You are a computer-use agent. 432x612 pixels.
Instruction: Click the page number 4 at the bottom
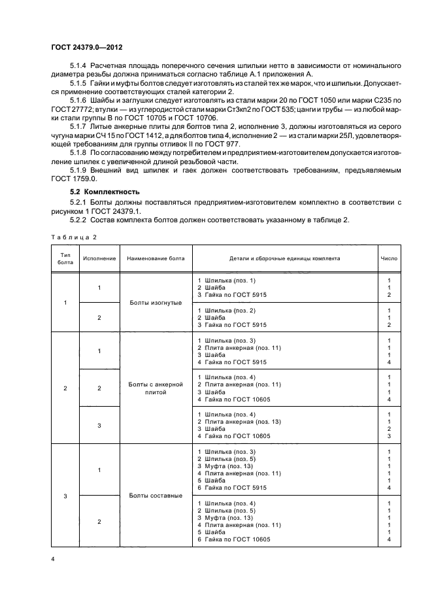(x=52, y=559)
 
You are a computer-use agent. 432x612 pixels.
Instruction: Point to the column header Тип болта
(x=65, y=258)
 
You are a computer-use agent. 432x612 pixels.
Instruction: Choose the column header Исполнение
(x=99, y=258)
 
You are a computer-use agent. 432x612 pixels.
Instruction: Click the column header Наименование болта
(x=156, y=258)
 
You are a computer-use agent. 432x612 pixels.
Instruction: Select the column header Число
(x=388, y=258)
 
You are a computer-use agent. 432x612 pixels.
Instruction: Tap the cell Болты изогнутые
(x=156, y=303)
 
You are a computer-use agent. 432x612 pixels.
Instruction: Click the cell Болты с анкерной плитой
(x=156, y=388)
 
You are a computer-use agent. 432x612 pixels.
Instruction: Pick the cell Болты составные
(x=156, y=496)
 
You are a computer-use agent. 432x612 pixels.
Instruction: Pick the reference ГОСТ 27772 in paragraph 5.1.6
(x=70, y=109)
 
